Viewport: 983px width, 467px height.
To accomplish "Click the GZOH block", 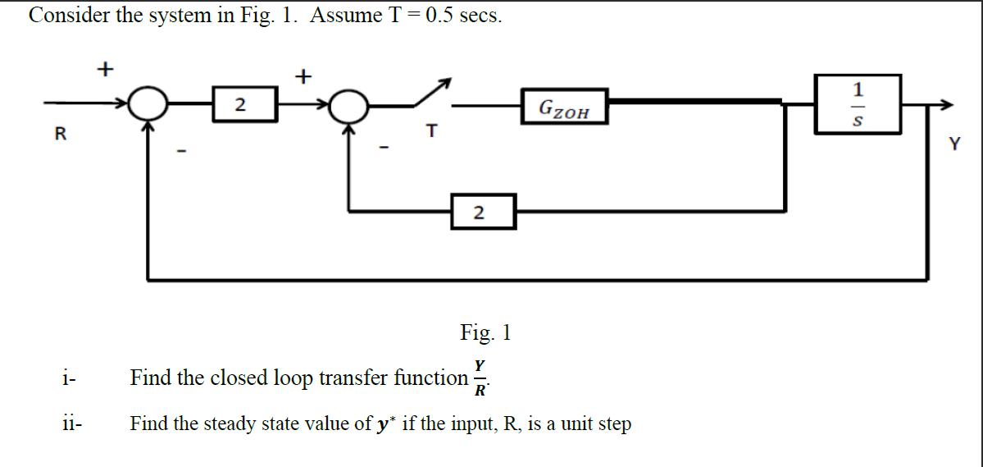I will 564,107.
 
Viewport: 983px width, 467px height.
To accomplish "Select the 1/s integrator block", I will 858,103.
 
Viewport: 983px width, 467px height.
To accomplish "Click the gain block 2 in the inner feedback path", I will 483,212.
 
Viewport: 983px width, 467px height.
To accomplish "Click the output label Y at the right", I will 953,144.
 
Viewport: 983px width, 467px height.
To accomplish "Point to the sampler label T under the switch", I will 431,130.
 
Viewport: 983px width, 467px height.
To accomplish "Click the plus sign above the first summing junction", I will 104,69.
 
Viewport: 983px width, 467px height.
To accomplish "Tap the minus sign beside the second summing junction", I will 382,148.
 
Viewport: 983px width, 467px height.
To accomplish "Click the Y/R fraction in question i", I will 480,378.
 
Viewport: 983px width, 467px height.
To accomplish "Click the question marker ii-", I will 71,424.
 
